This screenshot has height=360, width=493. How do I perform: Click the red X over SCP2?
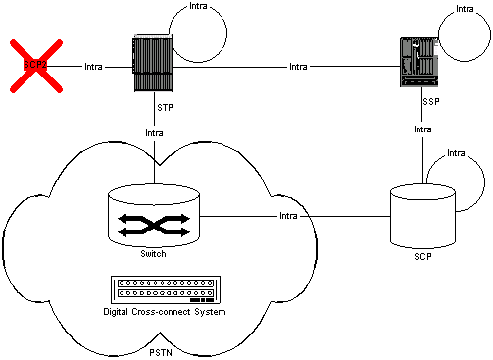[36, 67]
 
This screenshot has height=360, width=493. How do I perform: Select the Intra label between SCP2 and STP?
[94, 68]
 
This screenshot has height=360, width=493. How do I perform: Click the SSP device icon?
[417, 66]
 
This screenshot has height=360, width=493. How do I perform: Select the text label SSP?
[429, 101]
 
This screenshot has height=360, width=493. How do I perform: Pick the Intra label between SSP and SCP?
[422, 129]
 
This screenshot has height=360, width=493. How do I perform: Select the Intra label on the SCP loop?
[456, 153]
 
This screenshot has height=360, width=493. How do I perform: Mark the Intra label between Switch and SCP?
[288, 215]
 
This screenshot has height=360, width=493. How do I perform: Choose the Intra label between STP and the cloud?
[155, 132]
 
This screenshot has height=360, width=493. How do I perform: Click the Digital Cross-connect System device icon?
[165, 290]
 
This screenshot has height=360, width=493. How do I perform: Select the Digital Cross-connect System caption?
[165, 312]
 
